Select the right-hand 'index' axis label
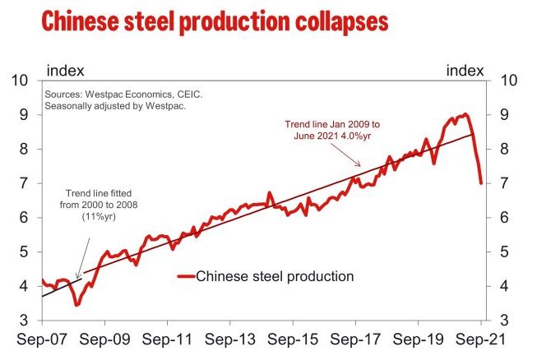click(x=465, y=72)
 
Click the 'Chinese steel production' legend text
click(x=275, y=276)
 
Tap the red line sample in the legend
click(x=185, y=276)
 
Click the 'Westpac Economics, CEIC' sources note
click(x=124, y=95)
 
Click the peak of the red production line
click(x=465, y=114)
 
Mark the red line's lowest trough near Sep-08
click(x=76, y=305)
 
